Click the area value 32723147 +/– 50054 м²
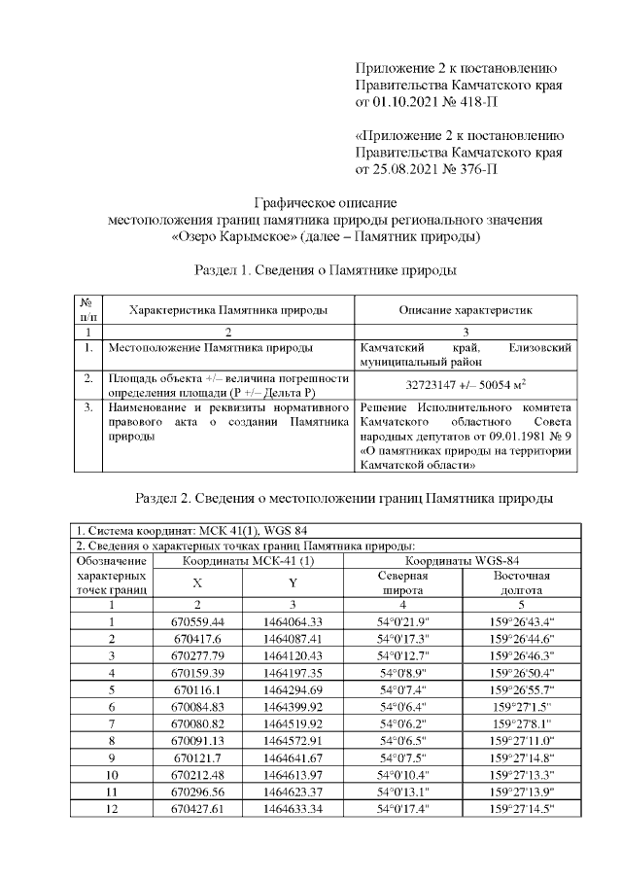point(465,384)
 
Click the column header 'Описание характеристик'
point(466,309)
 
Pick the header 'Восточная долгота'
point(522,582)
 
